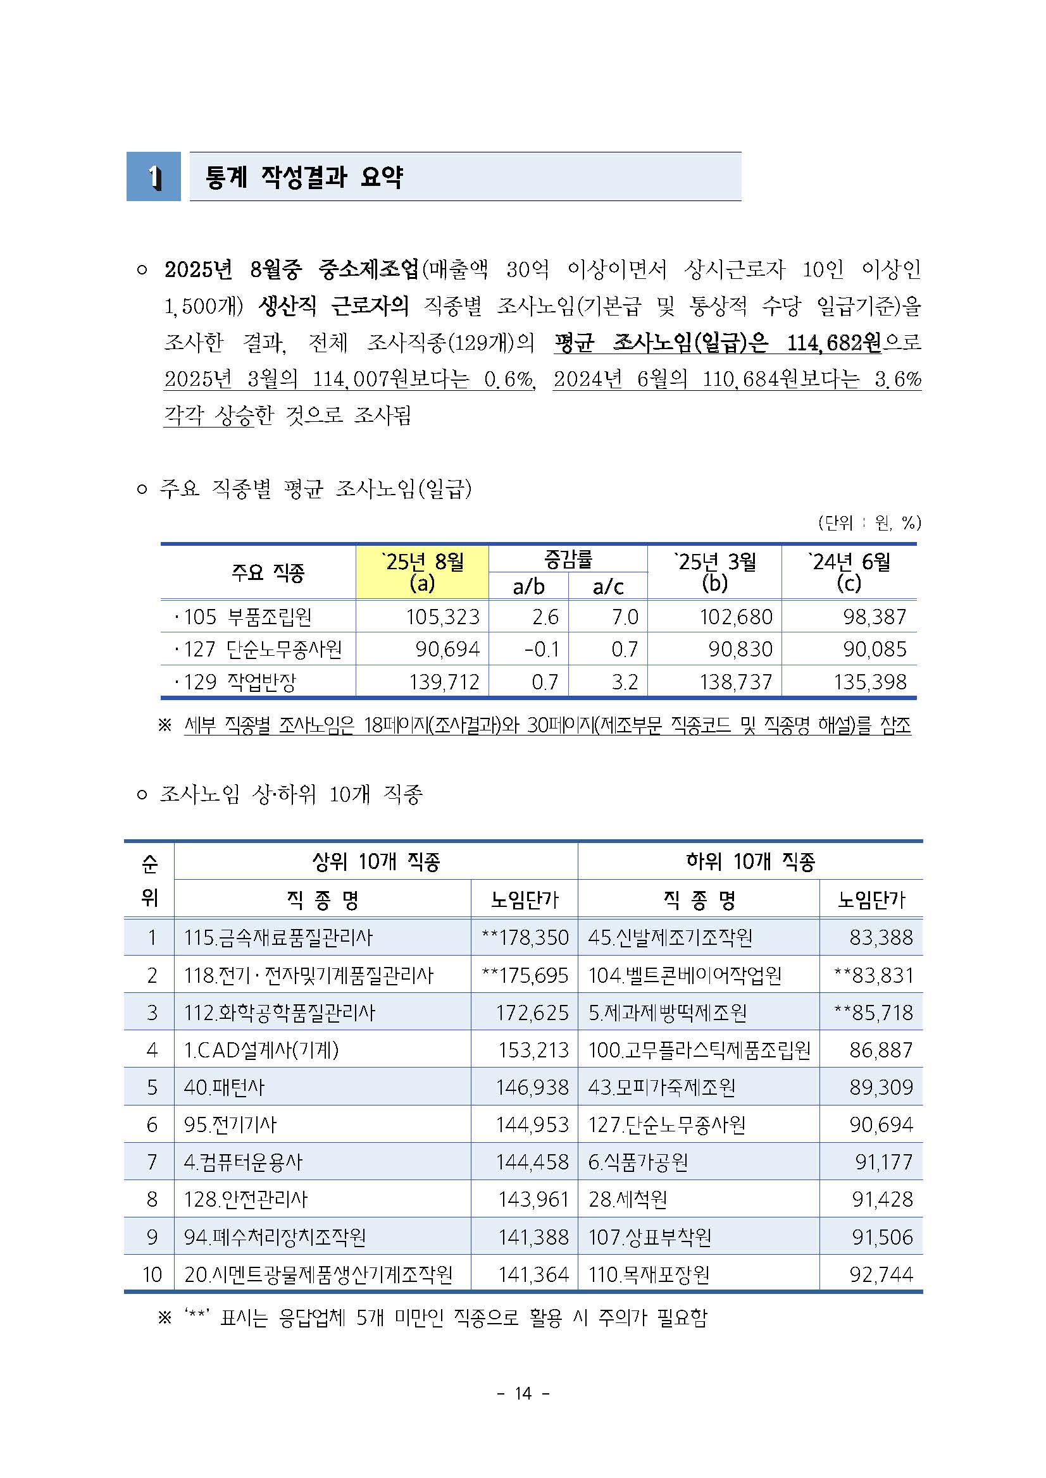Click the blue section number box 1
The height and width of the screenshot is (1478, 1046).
point(153,176)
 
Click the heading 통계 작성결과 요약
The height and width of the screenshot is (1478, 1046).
point(304,176)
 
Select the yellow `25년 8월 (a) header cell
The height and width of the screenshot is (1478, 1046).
point(422,572)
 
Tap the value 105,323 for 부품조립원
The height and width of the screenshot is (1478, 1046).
point(442,617)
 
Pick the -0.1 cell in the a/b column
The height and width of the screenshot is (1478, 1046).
point(542,649)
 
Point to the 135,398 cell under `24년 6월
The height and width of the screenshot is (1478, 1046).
point(869,682)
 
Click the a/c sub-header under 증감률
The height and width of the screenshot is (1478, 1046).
point(607,586)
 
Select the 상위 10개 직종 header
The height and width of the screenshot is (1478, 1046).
point(375,861)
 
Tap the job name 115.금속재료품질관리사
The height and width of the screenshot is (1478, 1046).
point(278,937)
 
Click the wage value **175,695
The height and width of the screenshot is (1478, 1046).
point(525,975)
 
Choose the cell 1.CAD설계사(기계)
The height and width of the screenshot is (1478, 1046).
point(261,1050)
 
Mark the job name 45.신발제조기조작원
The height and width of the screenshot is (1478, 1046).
point(670,937)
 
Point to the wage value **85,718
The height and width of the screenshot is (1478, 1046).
point(873,1013)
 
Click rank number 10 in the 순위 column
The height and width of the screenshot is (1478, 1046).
point(151,1274)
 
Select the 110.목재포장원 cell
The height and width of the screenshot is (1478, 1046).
point(649,1274)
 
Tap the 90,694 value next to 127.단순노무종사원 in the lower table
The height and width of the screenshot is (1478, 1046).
point(880,1124)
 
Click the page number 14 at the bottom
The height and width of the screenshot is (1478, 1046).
point(523,1394)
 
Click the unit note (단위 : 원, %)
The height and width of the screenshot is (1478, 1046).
point(869,522)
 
